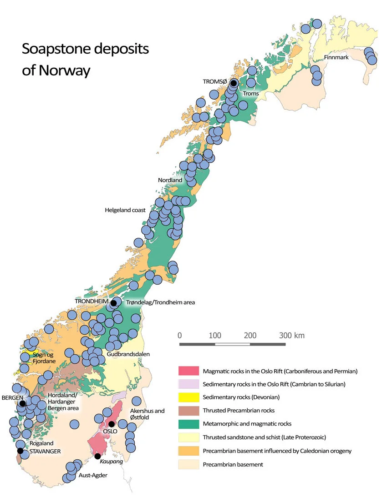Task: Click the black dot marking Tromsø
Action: [234, 83]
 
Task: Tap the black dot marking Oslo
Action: [112, 424]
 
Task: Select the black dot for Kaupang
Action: [97, 456]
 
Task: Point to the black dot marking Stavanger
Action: [20, 451]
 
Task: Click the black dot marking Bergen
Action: [22, 403]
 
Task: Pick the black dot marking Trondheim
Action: [113, 303]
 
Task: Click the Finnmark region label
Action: [336, 58]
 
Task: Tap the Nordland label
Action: [170, 180]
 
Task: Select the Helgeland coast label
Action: [125, 210]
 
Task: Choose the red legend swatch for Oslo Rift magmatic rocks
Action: [188, 371]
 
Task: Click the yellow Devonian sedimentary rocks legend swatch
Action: [188, 397]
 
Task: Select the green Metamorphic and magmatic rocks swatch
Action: [188, 424]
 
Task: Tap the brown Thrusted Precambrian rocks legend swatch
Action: [188, 411]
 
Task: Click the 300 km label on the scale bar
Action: [292, 336]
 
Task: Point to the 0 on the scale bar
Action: [180, 336]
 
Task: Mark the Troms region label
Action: [250, 94]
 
